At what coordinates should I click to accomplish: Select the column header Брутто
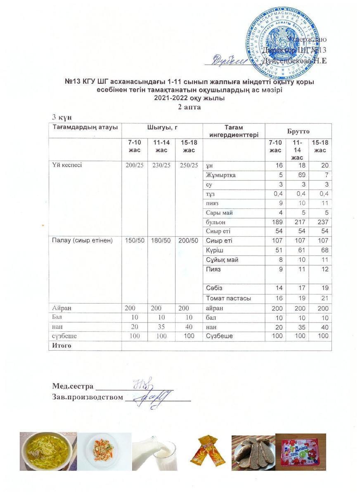click(x=298, y=131)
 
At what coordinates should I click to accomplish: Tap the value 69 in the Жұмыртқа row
click(x=302, y=175)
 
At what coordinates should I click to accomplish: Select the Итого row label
click(x=62, y=346)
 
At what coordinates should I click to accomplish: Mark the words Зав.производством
click(x=88, y=398)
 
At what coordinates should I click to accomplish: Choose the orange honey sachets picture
click(x=207, y=452)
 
